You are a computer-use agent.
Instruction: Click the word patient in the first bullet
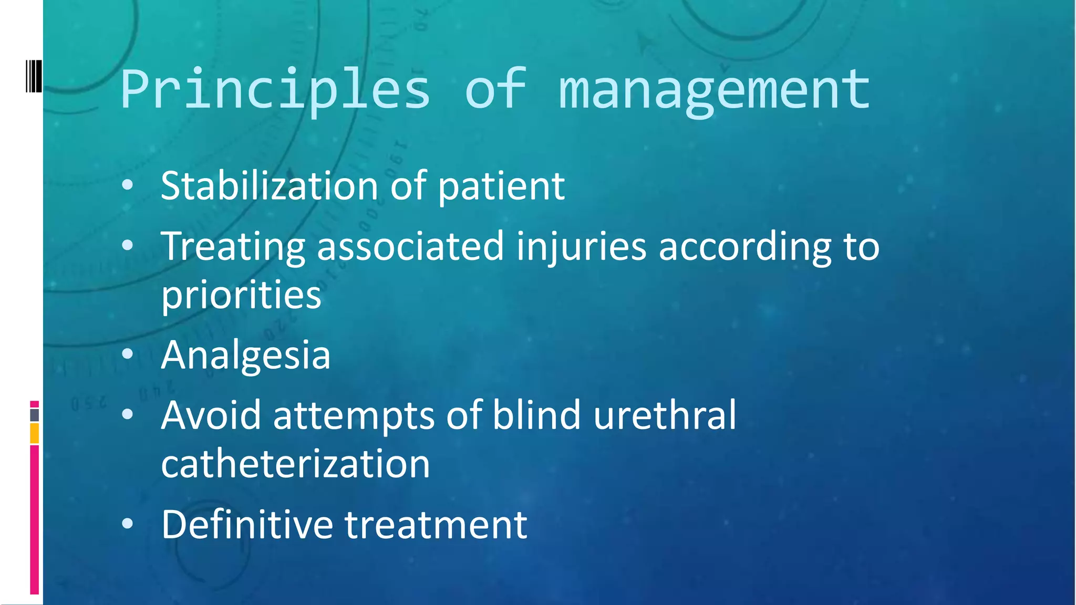[x=501, y=187]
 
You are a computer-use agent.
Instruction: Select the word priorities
[x=241, y=295]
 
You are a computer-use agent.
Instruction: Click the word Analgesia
[x=246, y=356]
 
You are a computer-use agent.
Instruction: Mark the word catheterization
[x=295, y=464]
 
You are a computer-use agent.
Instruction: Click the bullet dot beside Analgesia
[x=127, y=354]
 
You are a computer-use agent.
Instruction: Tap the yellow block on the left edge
[x=35, y=433]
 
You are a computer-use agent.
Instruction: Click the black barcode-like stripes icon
[x=34, y=77]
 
